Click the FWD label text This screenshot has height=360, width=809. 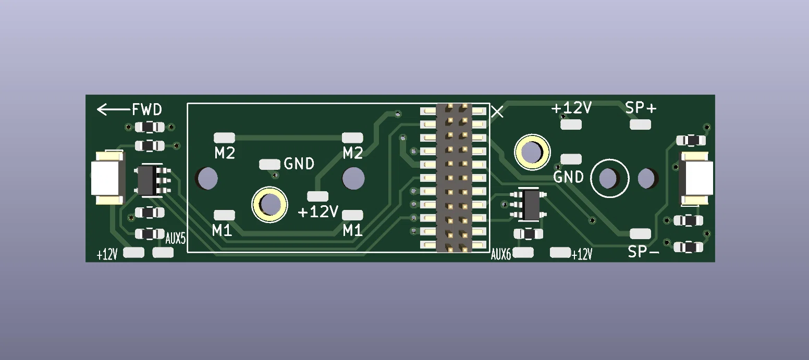click(x=146, y=109)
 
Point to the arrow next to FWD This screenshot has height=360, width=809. click(x=114, y=109)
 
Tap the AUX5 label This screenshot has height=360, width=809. click(x=176, y=239)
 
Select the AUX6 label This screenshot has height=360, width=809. click(x=501, y=255)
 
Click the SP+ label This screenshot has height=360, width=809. click(x=641, y=108)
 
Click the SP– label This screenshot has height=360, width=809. click(x=643, y=252)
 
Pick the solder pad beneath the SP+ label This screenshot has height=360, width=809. click(x=640, y=125)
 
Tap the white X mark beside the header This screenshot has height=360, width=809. click(x=497, y=112)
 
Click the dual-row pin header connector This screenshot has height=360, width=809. click(x=454, y=178)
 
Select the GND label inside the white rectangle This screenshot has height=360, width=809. click(x=299, y=164)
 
